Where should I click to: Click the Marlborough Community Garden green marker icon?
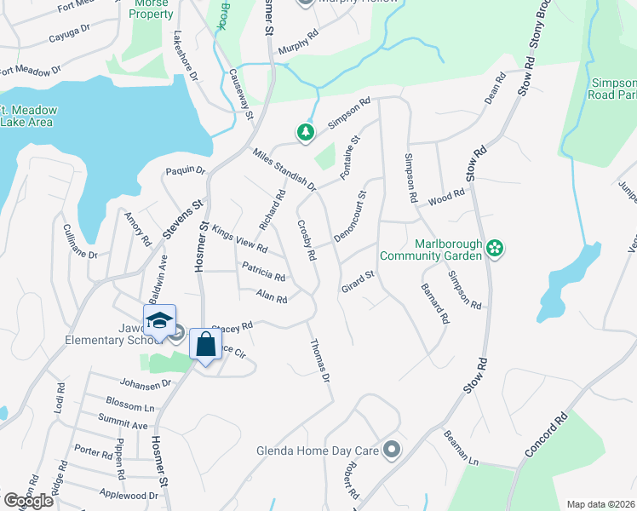[496, 249]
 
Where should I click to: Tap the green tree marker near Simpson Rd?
[305, 133]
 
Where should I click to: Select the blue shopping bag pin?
[205, 345]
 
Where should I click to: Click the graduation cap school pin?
[159, 321]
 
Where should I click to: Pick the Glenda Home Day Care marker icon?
[391, 449]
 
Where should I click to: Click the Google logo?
[28, 501]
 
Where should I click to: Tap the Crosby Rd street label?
[307, 240]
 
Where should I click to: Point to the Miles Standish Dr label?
[284, 169]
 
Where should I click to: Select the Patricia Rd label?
[263, 272]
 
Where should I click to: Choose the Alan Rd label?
[272, 296]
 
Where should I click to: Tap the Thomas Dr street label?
[319, 357]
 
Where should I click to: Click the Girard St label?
[358, 280]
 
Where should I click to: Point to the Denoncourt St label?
[349, 216]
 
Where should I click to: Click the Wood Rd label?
[446, 198]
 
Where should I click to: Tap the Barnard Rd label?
[434, 305]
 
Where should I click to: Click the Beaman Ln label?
[461, 448]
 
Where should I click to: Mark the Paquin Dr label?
[186, 170]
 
